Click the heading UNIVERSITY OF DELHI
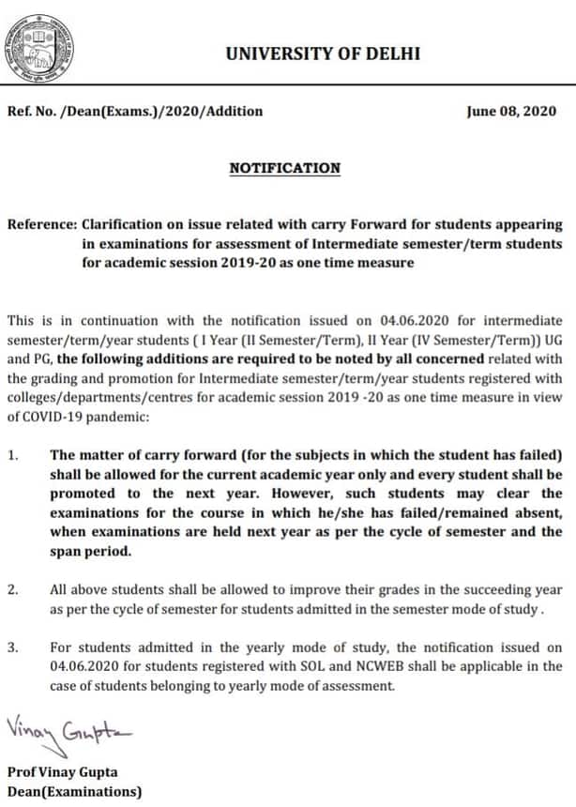coord(323,53)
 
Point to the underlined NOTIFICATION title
coord(285,169)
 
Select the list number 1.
coord(12,455)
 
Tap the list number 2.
coord(12,590)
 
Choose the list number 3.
coord(12,647)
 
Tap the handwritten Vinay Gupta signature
coord(68,727)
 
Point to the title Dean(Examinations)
coord(75,791)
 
